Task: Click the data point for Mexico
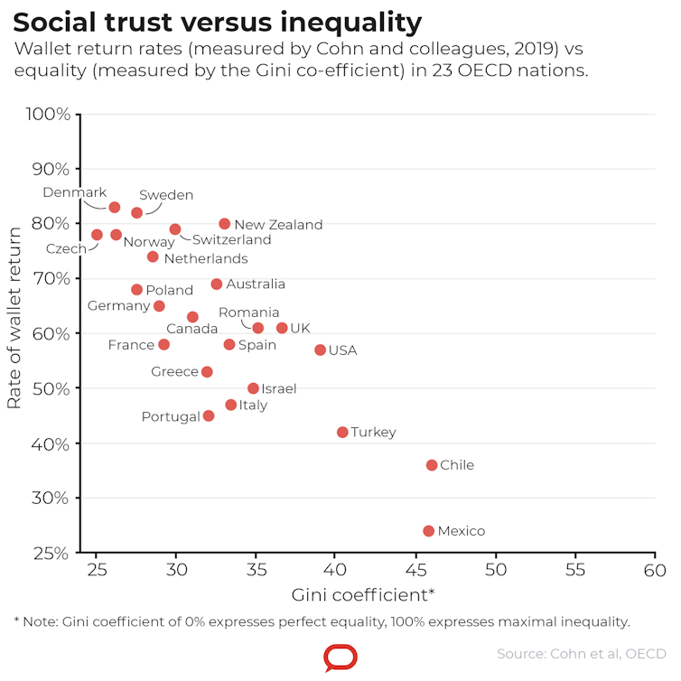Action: click(428, 531)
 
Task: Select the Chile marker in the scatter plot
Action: click(432, 465)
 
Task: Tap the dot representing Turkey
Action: click(342, 433)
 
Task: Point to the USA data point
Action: click(320, 350)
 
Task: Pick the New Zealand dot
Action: click(225, 224)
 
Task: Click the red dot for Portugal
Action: click(209, 416)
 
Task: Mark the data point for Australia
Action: click(217, 285)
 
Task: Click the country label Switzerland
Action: click(231, 240)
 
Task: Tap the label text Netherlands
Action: click(206, 259)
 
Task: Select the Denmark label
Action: click(75, 192)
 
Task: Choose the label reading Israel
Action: click(278, 389)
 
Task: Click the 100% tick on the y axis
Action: click(50, 115)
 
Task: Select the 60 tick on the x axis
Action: click(655, 571)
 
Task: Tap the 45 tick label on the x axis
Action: click(415, 571)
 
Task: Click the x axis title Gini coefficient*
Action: click(363, 595)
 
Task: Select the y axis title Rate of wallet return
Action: click(14, 318)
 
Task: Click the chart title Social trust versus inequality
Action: click(218, 22)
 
